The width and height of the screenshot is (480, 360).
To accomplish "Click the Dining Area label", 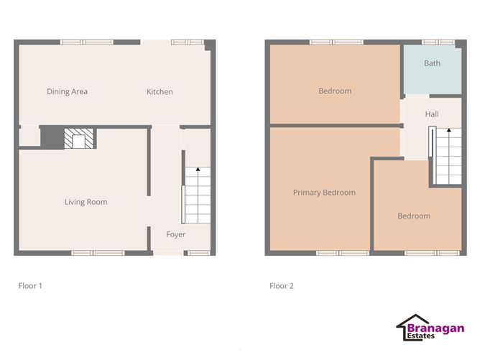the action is (x=67, y=91).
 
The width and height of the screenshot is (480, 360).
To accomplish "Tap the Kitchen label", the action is (x=160, y=91).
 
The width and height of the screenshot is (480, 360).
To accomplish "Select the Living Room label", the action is (x=86, y=202).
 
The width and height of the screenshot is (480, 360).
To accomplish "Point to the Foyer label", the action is (x=176, y=234).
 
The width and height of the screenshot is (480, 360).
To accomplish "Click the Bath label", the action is (x=432, y=63).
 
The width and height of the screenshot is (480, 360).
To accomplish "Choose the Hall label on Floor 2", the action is (x=432, y=114).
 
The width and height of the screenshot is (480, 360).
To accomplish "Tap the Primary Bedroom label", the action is (x=324, y=193).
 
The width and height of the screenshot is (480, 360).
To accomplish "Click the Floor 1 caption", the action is (x=30, y=286).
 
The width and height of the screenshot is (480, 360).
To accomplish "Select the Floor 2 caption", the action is (x=282, y=286).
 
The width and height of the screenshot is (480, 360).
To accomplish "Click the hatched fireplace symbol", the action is (x=78, y=139).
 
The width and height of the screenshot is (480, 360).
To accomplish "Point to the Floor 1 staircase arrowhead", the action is (x=198, y=169).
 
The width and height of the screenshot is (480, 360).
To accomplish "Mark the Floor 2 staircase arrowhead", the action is (x=449, y=130).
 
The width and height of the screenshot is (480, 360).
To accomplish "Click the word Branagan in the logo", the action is (x=435, y=328).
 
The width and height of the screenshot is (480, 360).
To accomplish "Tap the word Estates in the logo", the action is (x=420, y=336).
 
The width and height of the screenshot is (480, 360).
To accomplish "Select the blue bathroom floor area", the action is (x=433, y=70).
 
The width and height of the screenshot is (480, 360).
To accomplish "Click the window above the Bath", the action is (x=438, y=42).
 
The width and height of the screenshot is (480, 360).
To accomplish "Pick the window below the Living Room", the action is (x=98, y=253).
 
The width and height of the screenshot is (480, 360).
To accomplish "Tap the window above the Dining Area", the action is (x=87, y=42).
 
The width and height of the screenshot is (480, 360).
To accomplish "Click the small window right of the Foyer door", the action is (x=198, y=253).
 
